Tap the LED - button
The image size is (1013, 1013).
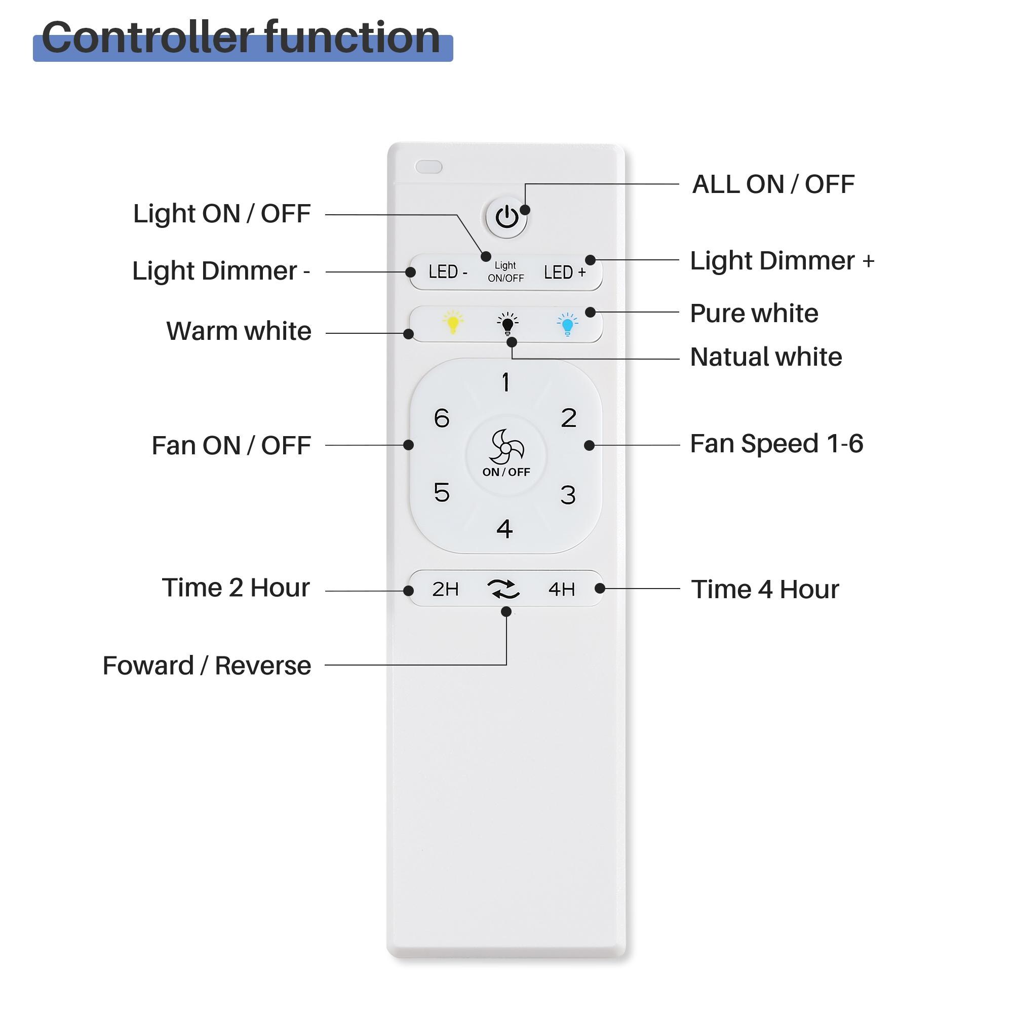point(447,271)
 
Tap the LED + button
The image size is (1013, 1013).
point(564,272)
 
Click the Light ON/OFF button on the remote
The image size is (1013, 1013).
point(505,272)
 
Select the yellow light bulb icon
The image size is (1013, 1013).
point(452,323)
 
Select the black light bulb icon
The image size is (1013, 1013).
point(507,324)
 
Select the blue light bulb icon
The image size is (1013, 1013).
point(567,324)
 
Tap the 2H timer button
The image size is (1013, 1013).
point(445,590)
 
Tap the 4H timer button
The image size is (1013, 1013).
point(562,590)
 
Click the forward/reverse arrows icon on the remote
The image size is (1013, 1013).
point(503,590)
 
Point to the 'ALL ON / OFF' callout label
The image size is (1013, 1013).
point(773,184)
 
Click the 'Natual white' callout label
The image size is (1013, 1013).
point(765,357)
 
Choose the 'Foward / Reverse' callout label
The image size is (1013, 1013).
point(207,666)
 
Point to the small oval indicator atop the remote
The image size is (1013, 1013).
point(428,167)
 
